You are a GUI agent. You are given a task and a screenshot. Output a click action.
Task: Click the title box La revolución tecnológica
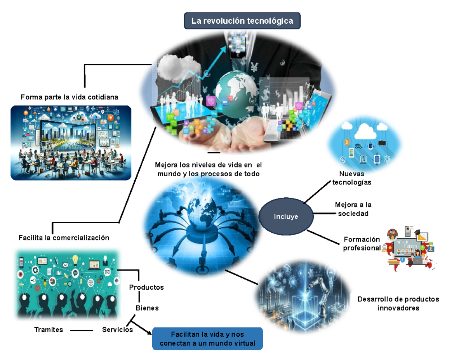pyautogui.click(x=242, y=21)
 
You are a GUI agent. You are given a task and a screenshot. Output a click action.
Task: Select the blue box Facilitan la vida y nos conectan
pyautogui.click(x=207, y=339)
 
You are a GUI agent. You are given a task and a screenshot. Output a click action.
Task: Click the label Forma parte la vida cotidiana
pyautogui.click(x=70, y=97)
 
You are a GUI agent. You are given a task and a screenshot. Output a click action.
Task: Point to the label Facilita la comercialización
pyautogui.click(x=64, y=238)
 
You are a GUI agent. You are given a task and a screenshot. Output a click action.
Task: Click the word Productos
pyautogui.click(x=146, y=287)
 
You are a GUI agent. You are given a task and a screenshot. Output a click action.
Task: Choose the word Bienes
pyautogui.click(x=147, y=308)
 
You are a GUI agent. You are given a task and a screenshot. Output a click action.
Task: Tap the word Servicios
pyautogui.click(x=117, y=330)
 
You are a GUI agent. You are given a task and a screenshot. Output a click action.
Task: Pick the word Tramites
pyautogui.click(x=49, y=330)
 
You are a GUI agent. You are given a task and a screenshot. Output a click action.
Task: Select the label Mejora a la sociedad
pyautogui.click(x=353, y=209)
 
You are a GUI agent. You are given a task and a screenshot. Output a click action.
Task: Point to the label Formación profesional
pyautogui.click(x=362, y=243)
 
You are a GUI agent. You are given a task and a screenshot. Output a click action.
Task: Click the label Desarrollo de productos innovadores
pyautogui.click(x=398, y=304)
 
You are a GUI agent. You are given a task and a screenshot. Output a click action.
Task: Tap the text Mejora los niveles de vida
pyautogui.click(x=209, y=169)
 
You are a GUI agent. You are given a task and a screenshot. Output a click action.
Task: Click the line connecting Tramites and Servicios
pyautogui.click(x=82, y=330)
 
